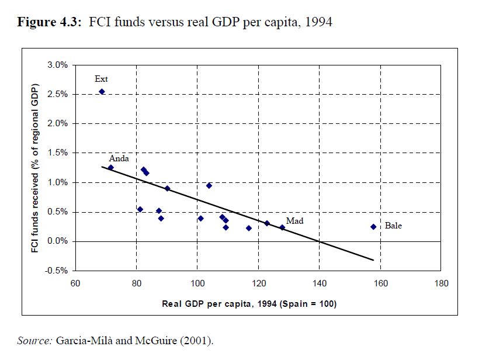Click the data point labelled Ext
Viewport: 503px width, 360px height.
click(102, 91)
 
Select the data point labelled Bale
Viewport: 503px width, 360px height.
click(373, 227)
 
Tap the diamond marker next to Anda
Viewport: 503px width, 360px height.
click(110, 168)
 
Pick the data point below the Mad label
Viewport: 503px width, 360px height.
click(282, 227)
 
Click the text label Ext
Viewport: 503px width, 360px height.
click(101, 79)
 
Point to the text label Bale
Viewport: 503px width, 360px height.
click(393, 226)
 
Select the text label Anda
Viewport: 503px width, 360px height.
click(119, 158)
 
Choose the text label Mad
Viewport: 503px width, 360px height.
click(294, 221)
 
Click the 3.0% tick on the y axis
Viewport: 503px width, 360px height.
click(58, 64)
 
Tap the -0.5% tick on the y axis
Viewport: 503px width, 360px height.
click(57, 271)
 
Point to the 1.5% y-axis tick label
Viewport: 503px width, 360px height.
click(58, 153)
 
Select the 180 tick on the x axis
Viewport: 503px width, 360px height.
click(442, 284)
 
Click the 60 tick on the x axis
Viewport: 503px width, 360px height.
click(75, 284)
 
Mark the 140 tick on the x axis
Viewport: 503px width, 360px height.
click(319, 284)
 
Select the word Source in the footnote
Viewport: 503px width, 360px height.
click(34, 340)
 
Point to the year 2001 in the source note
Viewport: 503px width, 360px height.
click(197, 340)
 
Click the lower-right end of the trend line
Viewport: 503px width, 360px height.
click(373, 260)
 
